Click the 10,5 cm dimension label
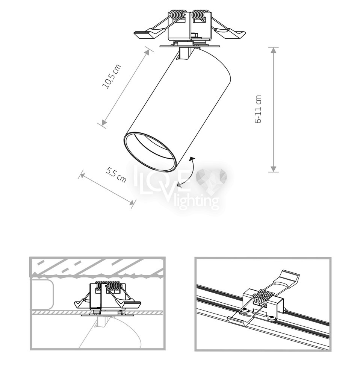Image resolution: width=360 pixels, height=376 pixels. click(112, 77)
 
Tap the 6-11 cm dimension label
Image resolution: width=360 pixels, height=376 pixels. click(258, 109)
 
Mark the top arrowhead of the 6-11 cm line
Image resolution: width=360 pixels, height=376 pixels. click(273, 50)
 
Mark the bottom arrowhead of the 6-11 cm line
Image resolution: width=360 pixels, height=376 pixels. click(273, 169)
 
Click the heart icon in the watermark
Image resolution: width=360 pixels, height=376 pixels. click(211, 179)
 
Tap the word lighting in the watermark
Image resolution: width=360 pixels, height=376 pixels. click(197, 202)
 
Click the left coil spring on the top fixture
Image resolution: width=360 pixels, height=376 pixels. click(177, 15)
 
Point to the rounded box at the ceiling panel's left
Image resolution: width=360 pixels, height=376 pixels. click(42, 294)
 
